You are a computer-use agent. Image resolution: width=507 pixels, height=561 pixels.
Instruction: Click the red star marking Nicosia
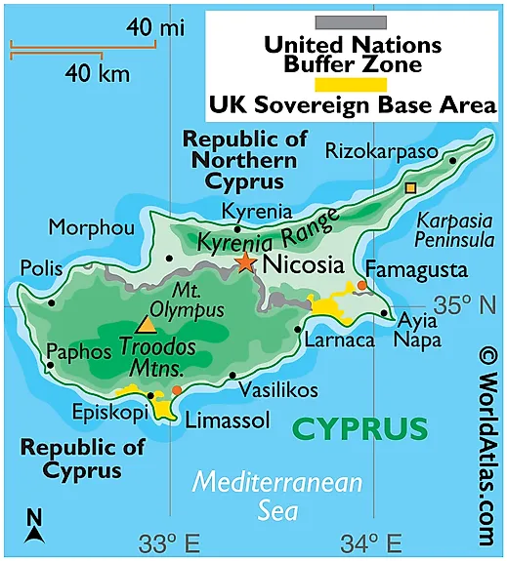tap(245, 261)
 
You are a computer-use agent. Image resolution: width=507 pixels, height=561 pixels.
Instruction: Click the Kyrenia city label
tap(256, 211)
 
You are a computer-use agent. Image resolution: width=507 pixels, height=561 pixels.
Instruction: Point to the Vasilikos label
tap(277, 389)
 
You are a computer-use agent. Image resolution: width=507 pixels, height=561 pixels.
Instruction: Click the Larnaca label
tap(339, 341)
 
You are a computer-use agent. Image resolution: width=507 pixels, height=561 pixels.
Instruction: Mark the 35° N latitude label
tap(465, 305)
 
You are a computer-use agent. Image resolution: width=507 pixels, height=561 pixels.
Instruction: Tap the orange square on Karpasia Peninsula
tap(410, 186)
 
